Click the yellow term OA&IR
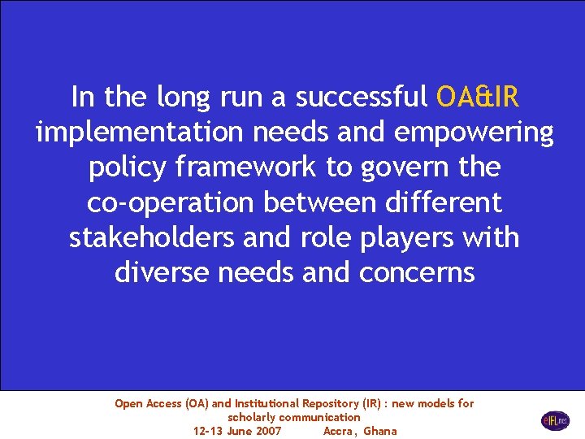(x=477, y=98)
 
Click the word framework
(x=244, y=168)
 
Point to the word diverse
(x=162, y=272)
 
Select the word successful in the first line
(x=361, y=98)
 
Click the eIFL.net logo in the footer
(x=556, y=420)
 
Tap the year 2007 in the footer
(x=267, y=431)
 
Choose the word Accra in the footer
(x=340, y=431)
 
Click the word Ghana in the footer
(x=380, y=431)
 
